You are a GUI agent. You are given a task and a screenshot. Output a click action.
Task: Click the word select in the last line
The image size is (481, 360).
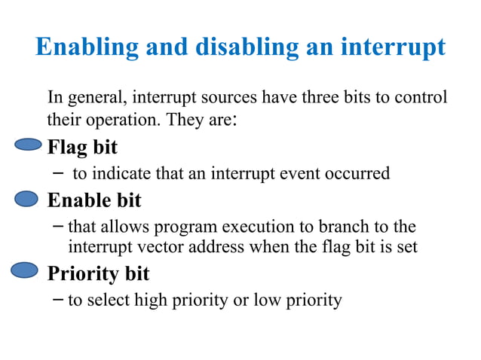click(x=108, y=301)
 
